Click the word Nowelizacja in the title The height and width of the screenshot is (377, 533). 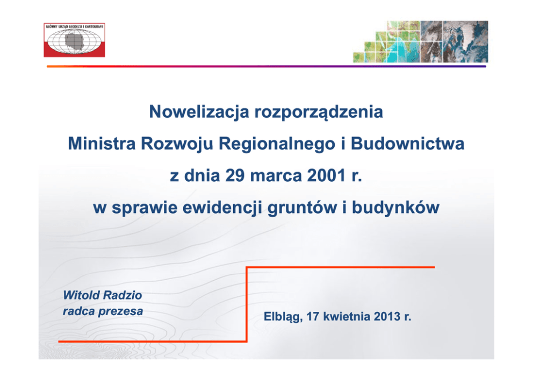[x=199, y=112]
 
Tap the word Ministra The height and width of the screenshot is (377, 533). [x=102, y=143]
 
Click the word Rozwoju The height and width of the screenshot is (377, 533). [x=177, y=144]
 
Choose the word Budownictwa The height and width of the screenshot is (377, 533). [x=408, y=143]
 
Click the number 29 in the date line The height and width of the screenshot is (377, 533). [x=235, y=175]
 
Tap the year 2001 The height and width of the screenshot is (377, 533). [x=326, y=175]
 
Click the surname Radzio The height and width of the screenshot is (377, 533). [x=123, y=295]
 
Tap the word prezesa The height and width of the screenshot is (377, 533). [x=121, y=311]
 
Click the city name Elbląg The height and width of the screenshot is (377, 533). [x=283, y=317]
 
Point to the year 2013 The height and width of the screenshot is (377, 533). [x=387, y=316]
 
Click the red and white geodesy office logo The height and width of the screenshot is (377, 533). [x=75, y=40]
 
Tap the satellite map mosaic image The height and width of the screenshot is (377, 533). [x=421, y=41]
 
